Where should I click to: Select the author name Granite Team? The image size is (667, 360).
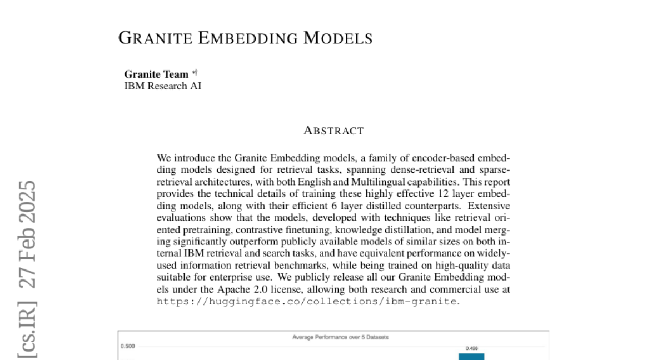[x=156, y=74]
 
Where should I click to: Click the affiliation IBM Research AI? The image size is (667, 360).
[x=162, y=86]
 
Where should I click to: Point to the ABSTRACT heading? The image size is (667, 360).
[x=333, y=131]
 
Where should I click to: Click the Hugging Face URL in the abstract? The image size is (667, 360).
[x=307, y=301]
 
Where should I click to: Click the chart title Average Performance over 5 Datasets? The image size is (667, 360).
[x=332, y=337]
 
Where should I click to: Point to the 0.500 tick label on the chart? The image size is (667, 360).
[x=128, y=346]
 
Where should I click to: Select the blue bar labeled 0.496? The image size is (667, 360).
[x=471, y=357]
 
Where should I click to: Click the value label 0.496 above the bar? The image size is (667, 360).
[x=471, y=349]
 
